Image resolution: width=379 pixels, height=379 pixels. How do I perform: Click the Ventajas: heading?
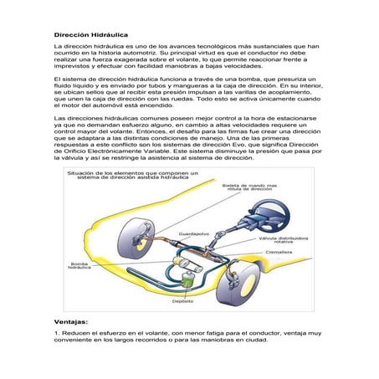coord(72,320)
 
